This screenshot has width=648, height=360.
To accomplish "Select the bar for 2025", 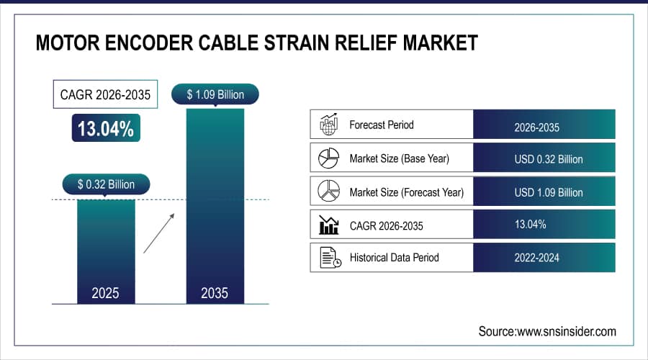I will (x=106, y=248).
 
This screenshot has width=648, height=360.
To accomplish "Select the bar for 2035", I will (x=215, y=205).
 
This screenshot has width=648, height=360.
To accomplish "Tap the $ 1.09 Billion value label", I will (x=215, y=94).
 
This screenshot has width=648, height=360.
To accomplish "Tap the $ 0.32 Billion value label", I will (x=106, y=184).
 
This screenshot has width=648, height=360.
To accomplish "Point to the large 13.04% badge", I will (x=106, y=129).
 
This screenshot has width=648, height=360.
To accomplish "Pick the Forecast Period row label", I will (x=381, y=125).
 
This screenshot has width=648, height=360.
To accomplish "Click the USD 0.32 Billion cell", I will (x=544, y=158).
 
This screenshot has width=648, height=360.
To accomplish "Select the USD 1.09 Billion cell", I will (x=544, y=192).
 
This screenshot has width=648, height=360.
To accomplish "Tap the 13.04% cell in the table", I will (x=544, y=225).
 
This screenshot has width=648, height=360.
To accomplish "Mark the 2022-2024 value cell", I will (x=544, y=258).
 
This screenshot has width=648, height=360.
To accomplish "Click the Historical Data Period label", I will (x=394, y=258).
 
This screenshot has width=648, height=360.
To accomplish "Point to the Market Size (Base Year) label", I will (x=400, y=158).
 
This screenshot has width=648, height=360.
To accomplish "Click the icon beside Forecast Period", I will (x=328, y=125).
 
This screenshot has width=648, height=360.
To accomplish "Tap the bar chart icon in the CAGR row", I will (x=328, y=225).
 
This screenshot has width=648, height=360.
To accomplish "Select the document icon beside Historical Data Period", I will (x=329, y=258).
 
